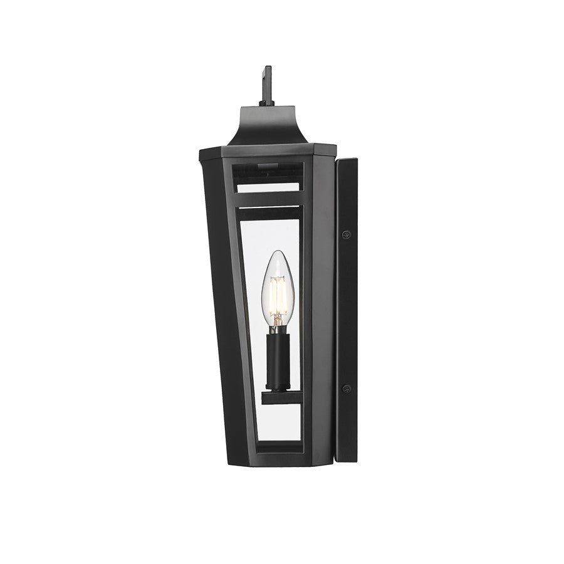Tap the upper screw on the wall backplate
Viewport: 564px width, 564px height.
click(346, 234)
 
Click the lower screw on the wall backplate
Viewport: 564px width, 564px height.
click(346, 389)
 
